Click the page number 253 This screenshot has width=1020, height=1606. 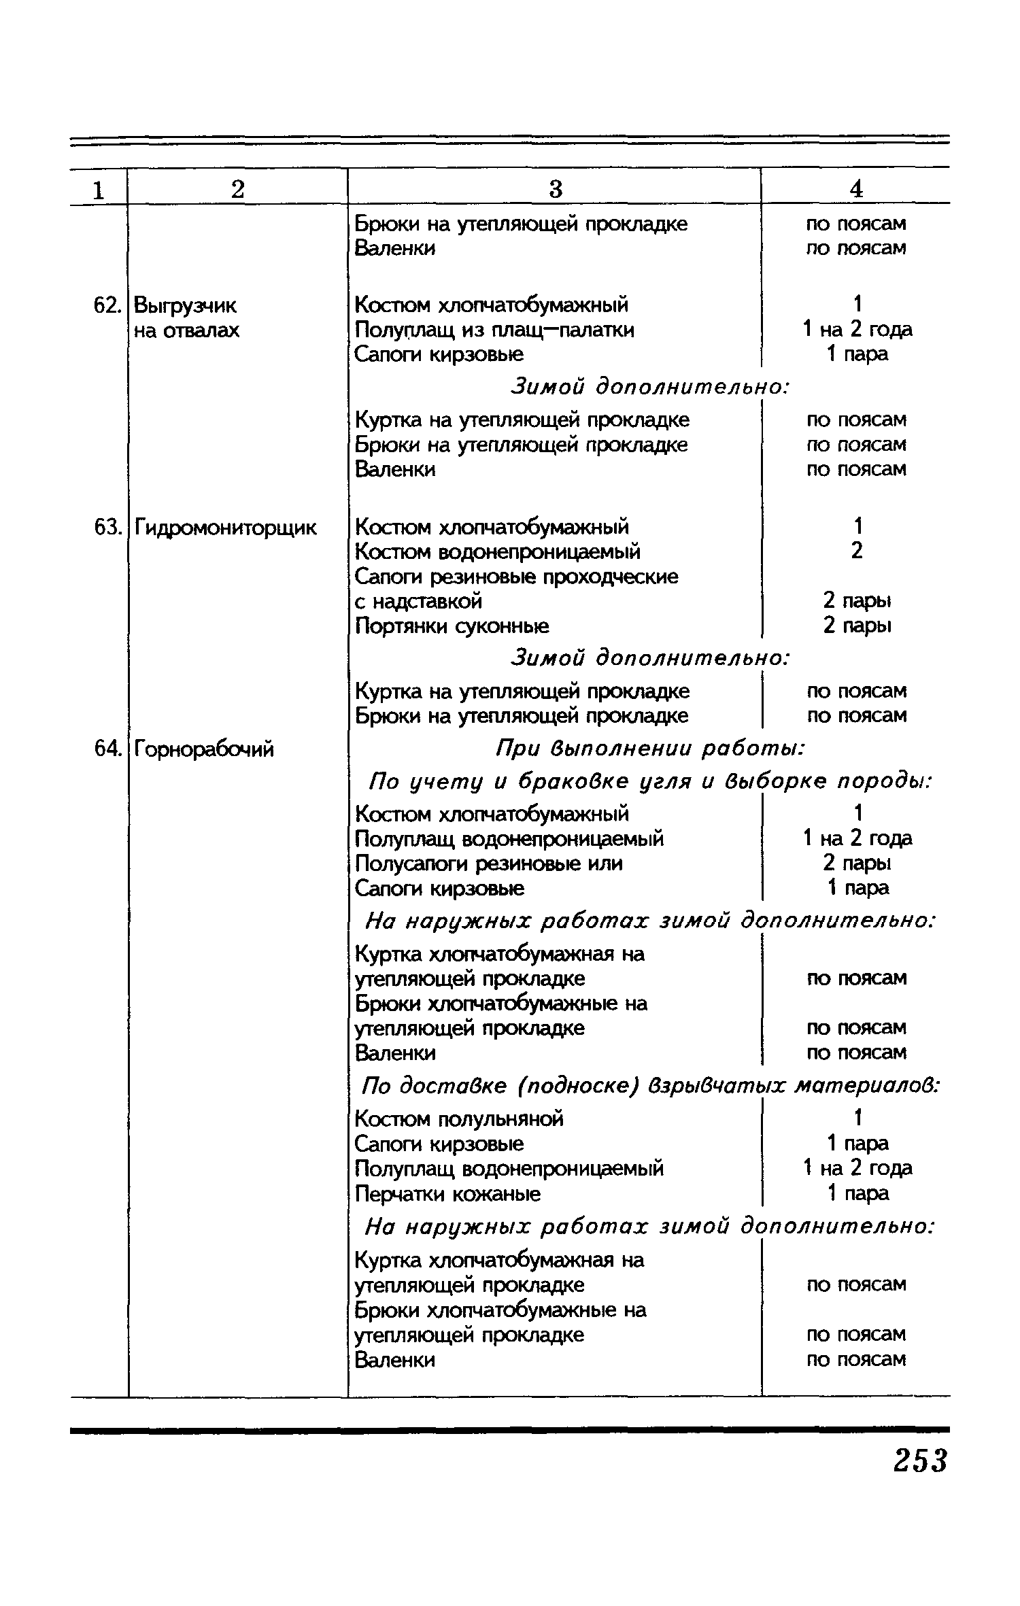920,1460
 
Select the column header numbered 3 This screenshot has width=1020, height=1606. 556,189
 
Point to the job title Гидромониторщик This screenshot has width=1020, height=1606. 225,527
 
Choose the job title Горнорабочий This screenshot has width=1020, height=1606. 204,749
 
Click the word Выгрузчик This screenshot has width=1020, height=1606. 186,305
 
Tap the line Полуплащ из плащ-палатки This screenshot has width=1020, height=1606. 494,330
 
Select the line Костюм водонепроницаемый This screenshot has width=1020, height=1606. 498,551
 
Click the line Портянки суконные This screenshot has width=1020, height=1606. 452,625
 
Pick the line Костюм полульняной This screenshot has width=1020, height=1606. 459,1118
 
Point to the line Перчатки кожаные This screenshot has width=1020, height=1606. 448,1193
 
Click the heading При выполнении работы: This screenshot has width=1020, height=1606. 650,749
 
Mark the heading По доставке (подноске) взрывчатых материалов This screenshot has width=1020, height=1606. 650,1086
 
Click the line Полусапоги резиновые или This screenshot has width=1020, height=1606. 489,863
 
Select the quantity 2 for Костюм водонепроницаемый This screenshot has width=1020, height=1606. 856,551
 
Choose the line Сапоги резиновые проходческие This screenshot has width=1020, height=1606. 517,577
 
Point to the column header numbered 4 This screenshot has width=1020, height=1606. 856,189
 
